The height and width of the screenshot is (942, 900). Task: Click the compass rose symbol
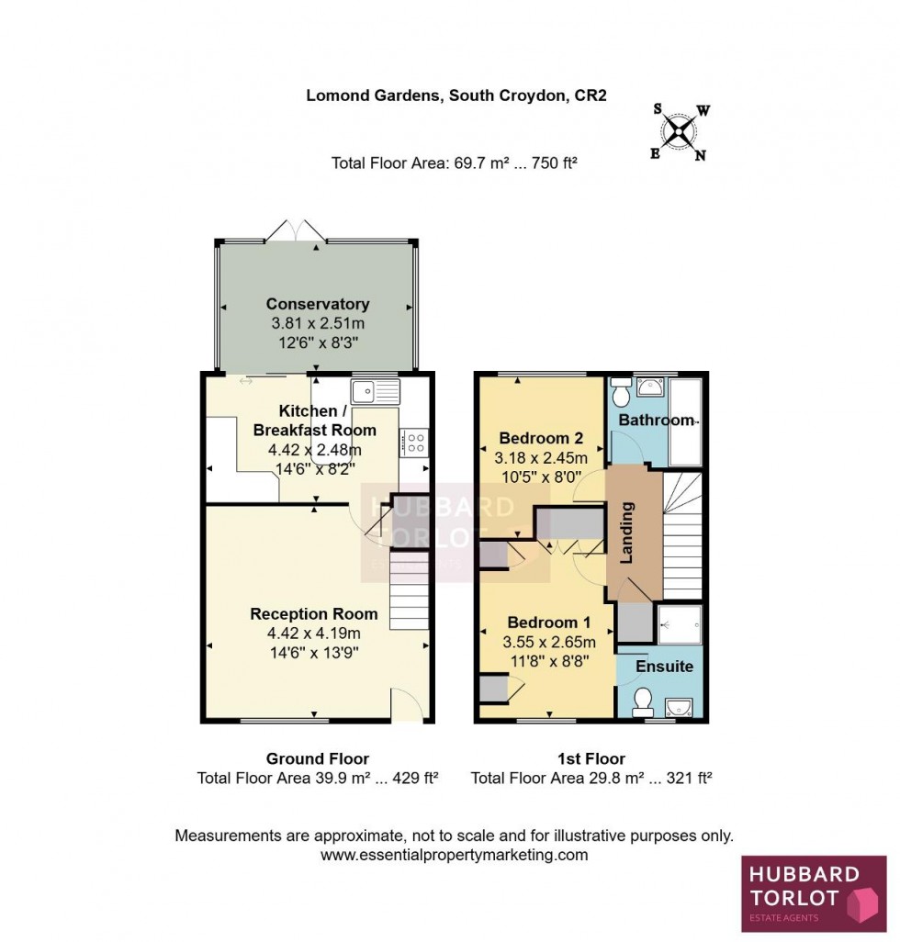[680, 131]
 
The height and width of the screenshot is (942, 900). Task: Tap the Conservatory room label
[318, 304]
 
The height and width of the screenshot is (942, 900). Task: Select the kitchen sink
[376, 390]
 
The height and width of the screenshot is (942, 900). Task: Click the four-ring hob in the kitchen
[415, 443]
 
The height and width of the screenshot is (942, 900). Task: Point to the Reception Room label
[314, 614]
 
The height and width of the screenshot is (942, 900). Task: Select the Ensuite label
[666, 666]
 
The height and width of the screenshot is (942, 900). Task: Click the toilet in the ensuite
[642, 702]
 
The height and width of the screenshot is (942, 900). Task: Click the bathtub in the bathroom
[685, 422]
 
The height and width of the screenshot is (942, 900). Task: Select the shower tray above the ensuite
[680, 623]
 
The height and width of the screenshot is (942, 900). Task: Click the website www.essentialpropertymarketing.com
[454, 855]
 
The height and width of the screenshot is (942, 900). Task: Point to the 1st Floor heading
[591, 758]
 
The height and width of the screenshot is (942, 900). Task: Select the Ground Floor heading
[318, 758]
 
